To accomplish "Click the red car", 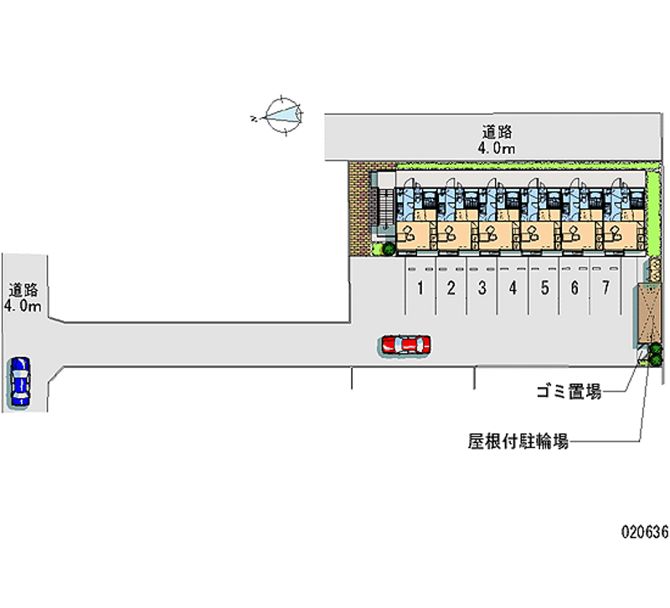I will pos(405,345).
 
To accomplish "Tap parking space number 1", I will pos(420,289).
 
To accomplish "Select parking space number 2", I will pos(451,289).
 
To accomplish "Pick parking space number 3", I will pos(482,289).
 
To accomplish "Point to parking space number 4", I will pos(513,289).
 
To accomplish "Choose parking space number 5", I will pos(544,289).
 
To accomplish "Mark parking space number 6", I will pos(575,289).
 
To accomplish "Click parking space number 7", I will pos(605,289).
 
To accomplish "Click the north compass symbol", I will pos(281,115).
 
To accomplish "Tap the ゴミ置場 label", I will pos(569,391).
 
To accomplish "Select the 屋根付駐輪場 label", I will pos(518,441).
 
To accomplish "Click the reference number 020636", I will pos(643,532).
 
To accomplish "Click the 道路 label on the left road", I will pos(23,290).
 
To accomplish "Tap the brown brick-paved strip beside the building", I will pos(358,209).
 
